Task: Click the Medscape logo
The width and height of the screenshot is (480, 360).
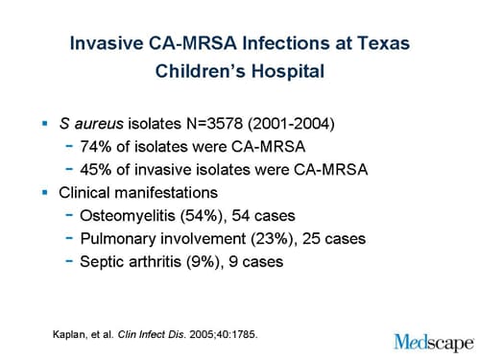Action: coord(433,340)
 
